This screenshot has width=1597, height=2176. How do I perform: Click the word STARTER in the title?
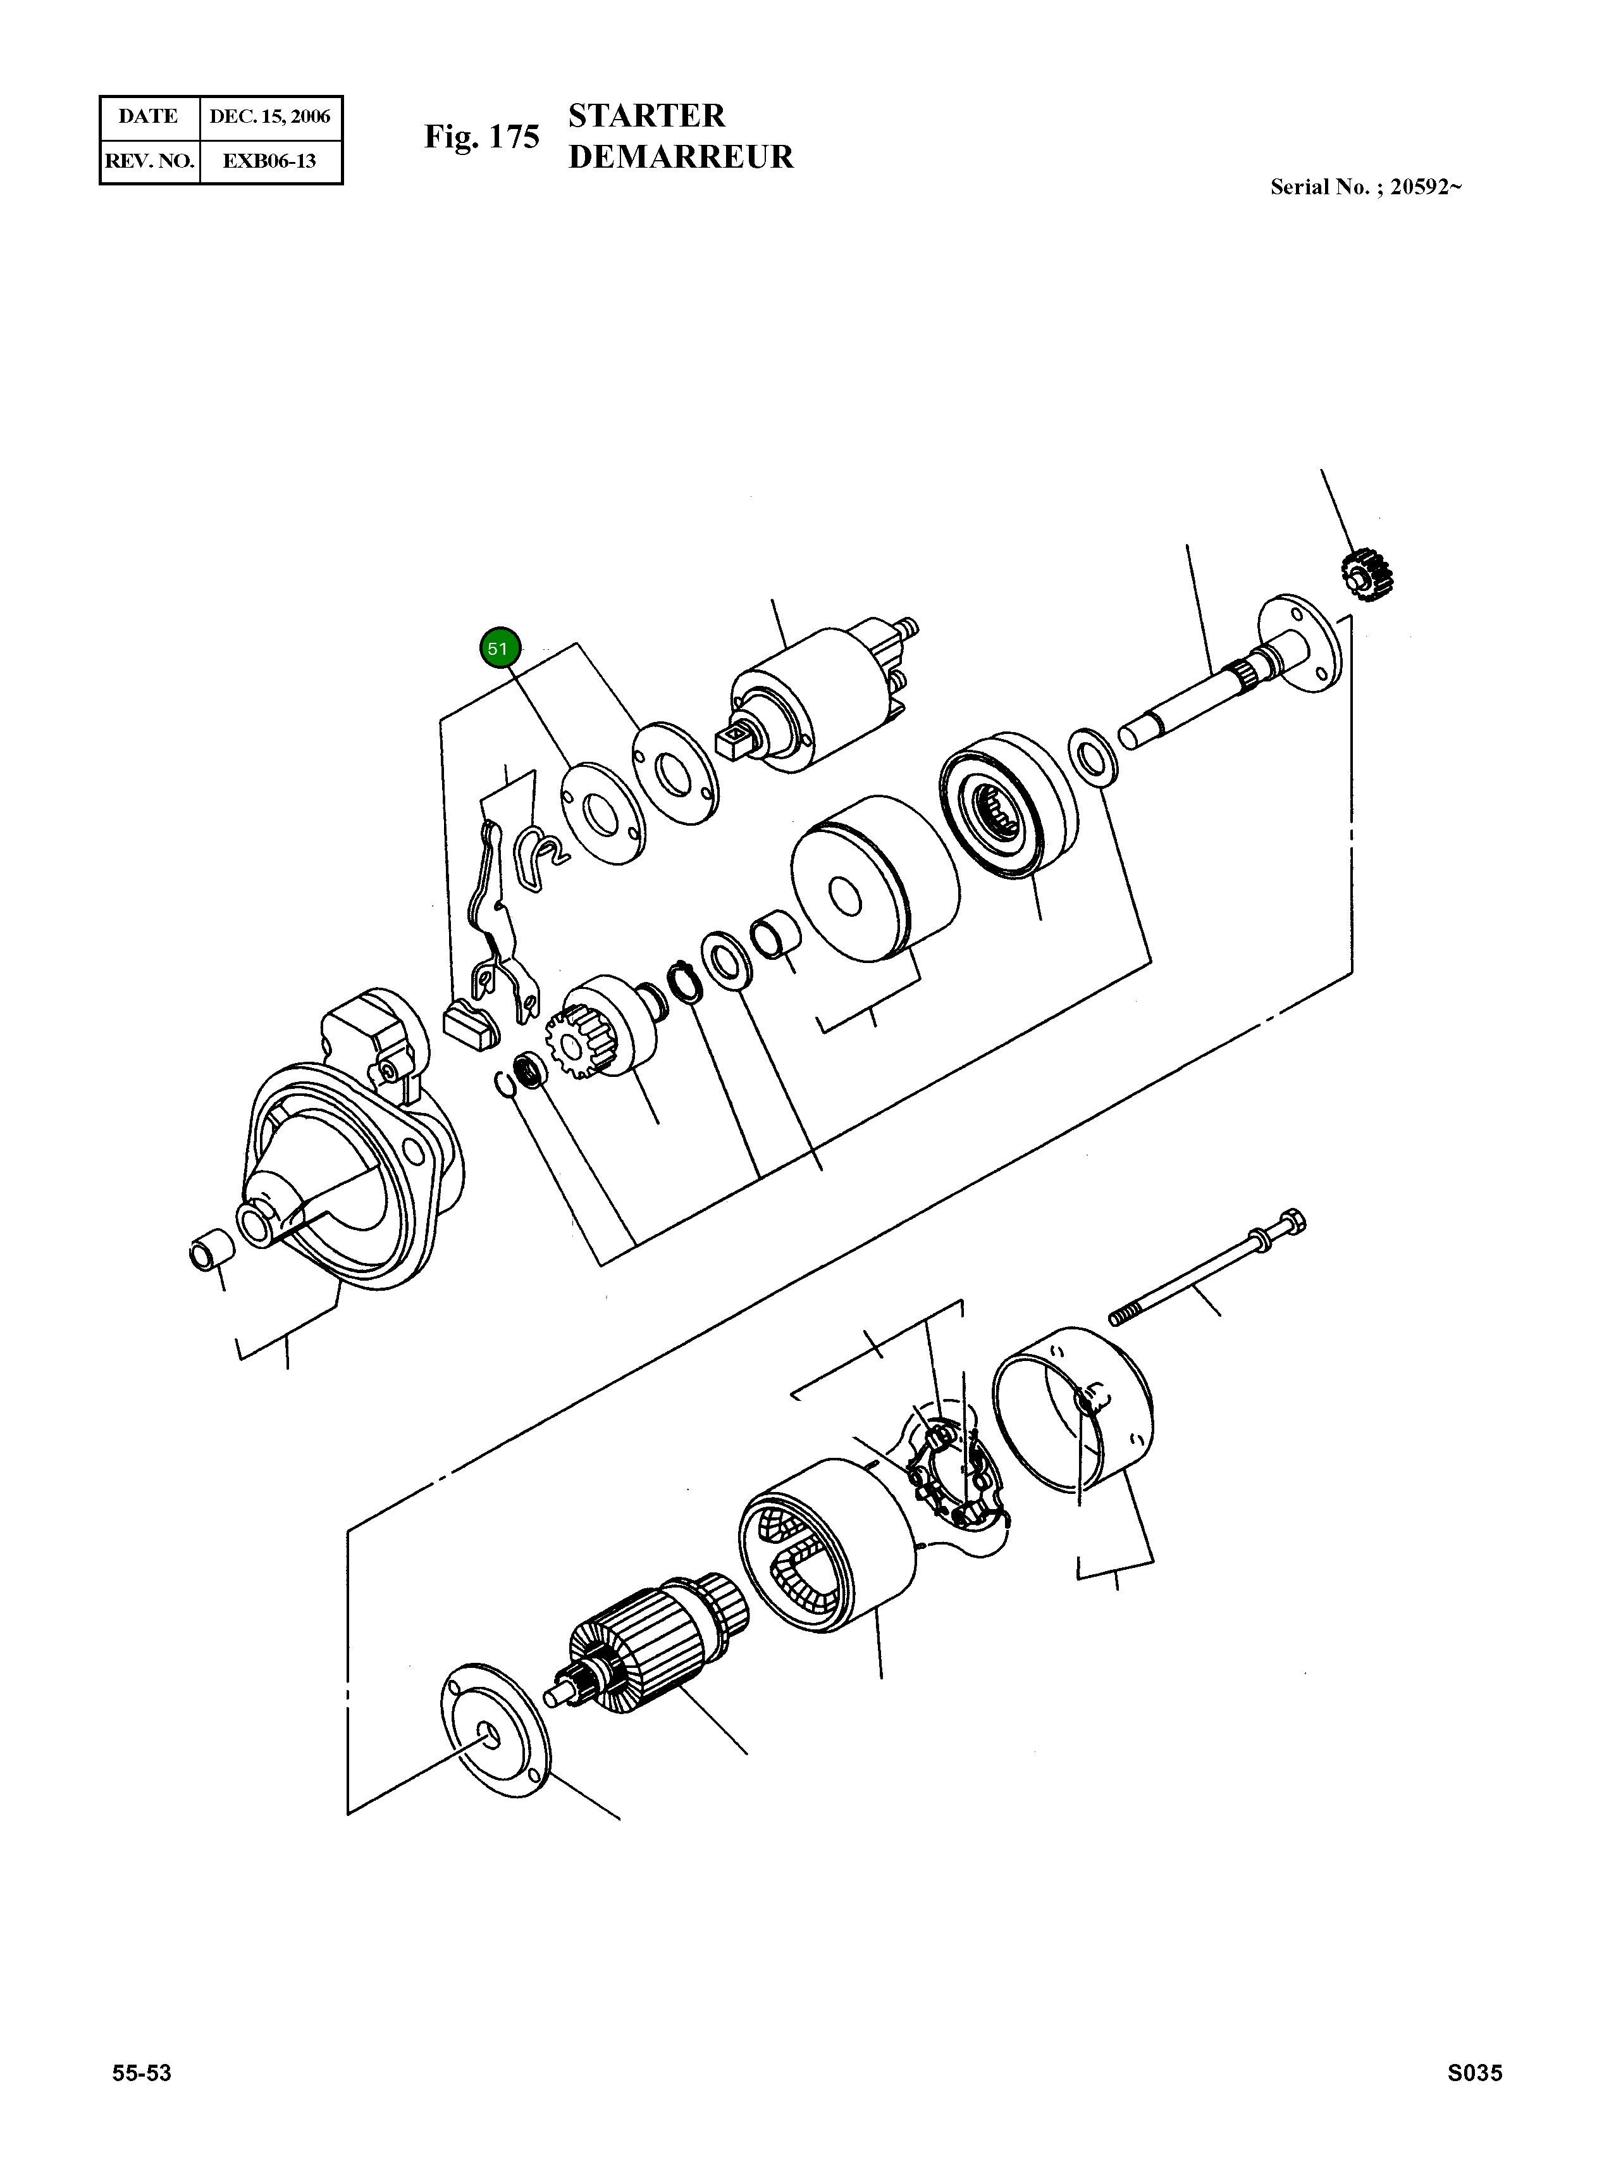coord(646,116)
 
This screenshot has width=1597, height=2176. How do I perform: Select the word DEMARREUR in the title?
coord(681,157)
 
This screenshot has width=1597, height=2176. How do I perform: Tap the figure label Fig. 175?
coord(481,137)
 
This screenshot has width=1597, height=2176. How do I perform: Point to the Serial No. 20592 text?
coord(1364,188)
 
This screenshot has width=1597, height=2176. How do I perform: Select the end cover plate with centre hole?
coord(493,1733)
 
